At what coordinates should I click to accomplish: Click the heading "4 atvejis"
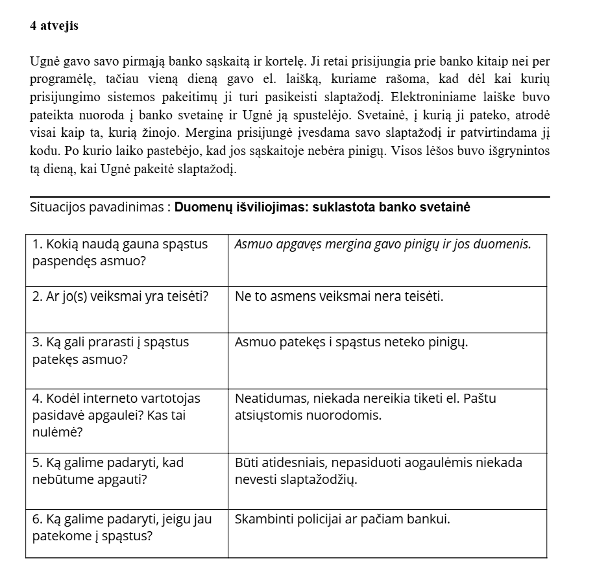(54, 26)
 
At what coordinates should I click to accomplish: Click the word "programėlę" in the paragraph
(61, 80)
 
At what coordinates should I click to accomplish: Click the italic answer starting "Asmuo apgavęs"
(382, 245)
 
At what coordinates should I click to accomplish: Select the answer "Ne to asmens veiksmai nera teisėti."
(339, 297)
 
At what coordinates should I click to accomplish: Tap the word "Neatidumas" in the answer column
(267, 398)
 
